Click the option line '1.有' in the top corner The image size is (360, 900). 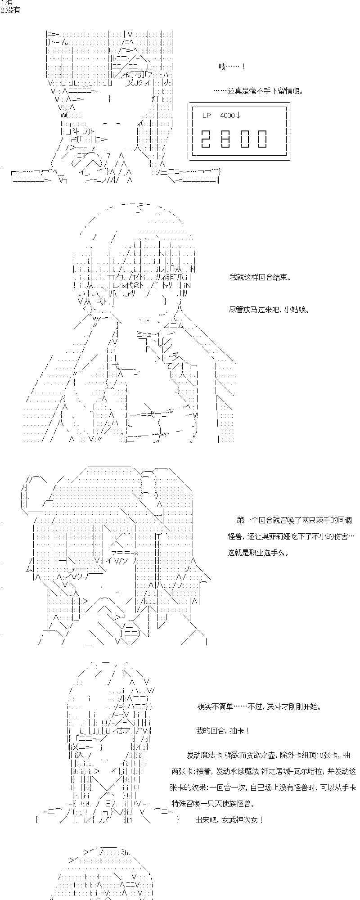pos(7,3)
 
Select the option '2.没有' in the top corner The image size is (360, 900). pos(10,10)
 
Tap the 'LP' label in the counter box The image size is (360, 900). pos(206,116)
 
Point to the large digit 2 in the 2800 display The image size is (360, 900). pos(207,139)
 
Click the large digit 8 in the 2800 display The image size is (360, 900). pos(226,139)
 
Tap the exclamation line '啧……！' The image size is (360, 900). pos(231,67)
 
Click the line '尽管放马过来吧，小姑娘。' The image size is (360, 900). pos(269,310)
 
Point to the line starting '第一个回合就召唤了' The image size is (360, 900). pos(294,520)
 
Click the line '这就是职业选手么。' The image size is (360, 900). pos(258,553)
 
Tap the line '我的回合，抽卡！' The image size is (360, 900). pos(223,731)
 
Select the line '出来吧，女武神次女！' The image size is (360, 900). pos(229,820)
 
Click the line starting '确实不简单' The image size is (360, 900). pos(259,706)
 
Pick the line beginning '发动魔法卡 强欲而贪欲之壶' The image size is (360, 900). pos(268,755)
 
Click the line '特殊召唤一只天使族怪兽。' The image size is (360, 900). pos(219,804)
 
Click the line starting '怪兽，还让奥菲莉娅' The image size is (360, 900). pos(291,536)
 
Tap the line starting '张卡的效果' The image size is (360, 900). pos(264,787)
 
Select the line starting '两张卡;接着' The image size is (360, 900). pos(264,771)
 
